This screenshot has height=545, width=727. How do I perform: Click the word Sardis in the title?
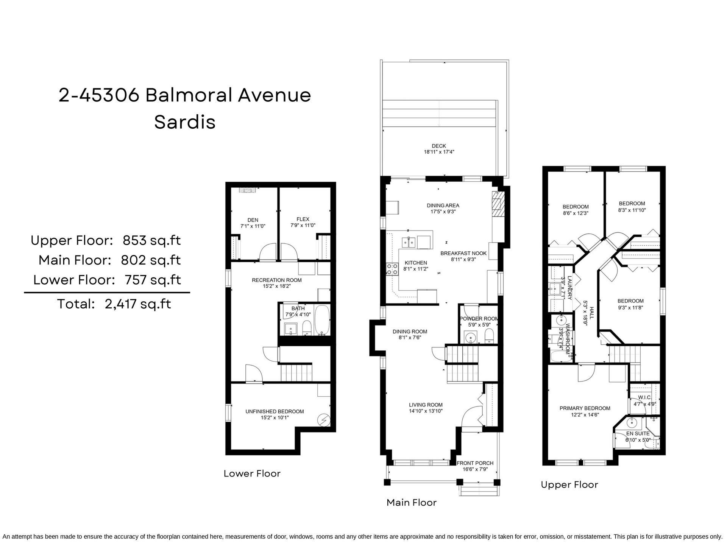tap(185, 122)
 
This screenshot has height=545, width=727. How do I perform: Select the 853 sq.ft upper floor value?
tap(151, 240)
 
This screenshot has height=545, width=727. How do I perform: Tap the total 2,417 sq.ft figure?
tap(138, 304)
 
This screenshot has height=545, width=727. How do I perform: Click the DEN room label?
tap(253, 220)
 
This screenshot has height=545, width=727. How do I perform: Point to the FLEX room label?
tap(303, 219)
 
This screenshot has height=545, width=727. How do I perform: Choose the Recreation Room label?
tap(277, 280)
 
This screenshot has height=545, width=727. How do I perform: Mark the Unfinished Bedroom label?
tap(275, 411)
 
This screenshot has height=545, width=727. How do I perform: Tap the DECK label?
tap(439, 146)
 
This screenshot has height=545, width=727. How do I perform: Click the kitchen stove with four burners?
tap(392, 269)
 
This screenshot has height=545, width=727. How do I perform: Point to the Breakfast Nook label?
tap(463, 253)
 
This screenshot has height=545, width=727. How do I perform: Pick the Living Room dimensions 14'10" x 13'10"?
tap(426, 411)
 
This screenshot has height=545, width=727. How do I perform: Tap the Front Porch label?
tap(475, 463)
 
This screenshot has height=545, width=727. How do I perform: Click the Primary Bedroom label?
tap(585, 408)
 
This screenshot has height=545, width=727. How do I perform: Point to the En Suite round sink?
tap(632, 423)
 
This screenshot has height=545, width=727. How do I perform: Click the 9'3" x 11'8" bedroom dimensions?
tap(630, 308)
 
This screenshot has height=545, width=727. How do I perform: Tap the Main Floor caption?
tap(412, 503)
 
